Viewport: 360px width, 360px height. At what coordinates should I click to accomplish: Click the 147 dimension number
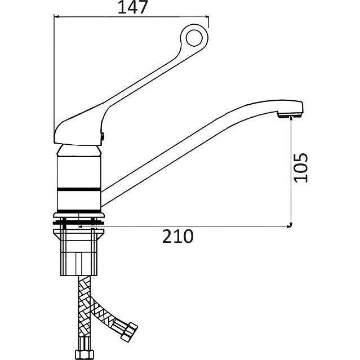132,7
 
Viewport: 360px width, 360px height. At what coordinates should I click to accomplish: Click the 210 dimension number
178,236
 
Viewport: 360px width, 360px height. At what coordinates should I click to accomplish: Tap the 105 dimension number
301,167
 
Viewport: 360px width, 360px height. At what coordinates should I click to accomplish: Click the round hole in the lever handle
194,38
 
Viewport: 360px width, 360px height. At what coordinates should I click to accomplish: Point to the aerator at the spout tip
290,115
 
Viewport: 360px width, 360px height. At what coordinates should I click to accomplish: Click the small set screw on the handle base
103,136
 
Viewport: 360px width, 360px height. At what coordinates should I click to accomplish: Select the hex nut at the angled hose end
129,332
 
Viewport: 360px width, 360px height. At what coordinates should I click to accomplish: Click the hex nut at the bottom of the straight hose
85,354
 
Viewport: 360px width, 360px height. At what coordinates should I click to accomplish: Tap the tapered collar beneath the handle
78,151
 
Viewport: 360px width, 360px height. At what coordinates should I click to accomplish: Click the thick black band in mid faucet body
79,189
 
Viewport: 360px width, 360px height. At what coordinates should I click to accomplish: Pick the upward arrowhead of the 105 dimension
291,118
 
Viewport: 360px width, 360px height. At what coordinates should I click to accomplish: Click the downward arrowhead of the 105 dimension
291,225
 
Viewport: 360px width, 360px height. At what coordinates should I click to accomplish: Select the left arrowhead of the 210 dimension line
81,227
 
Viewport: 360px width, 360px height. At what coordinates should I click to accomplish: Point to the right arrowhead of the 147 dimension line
206,17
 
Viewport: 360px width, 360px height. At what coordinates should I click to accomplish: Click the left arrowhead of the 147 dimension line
56,17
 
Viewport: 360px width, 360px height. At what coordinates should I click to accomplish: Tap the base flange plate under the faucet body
79,215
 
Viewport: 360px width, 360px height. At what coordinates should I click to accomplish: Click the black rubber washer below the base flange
78,223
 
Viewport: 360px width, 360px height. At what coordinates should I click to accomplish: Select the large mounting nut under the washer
78,252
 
